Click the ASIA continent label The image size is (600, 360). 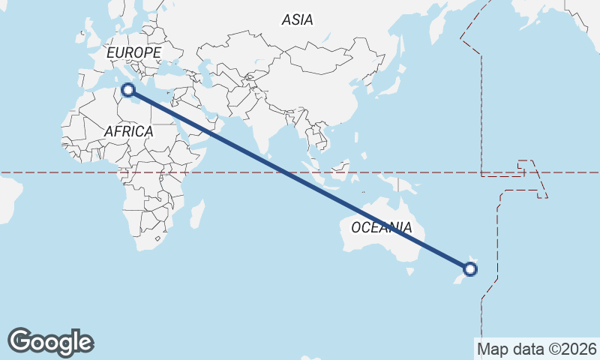pos(297,20)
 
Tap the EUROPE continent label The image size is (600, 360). pos(133,53)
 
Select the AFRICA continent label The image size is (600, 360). pos(128,132)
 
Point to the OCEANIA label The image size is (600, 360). pos(381,227)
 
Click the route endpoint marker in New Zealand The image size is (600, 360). pos(471,268)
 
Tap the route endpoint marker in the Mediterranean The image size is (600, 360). pos(128,90)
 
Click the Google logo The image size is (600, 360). pos(50,342)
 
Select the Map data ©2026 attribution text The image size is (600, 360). pos(536,349)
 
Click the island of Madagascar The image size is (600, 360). pos(197,213)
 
